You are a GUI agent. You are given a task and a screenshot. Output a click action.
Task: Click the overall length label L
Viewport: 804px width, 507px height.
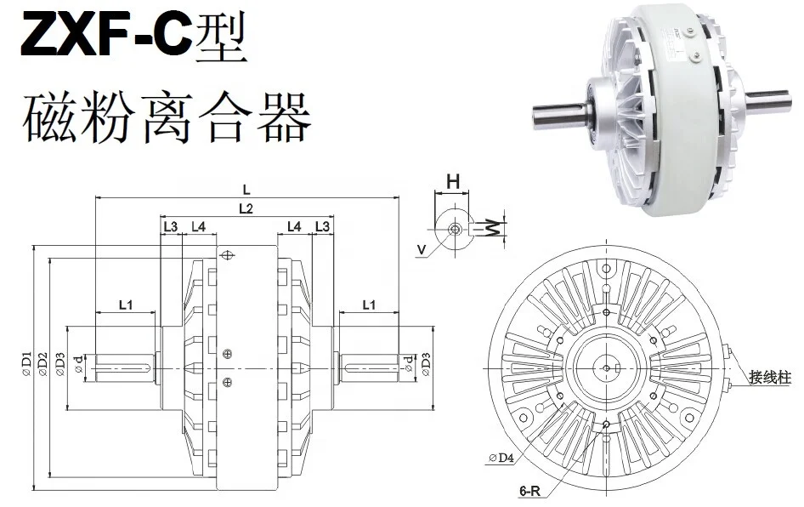pos(246,190)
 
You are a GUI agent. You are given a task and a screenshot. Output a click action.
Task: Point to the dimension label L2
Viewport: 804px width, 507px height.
pos(246,208)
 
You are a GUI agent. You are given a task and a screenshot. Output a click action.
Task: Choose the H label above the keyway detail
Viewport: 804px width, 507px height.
pos(453,180)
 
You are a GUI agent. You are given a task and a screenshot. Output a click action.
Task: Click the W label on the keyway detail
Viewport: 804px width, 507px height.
pos(494,227)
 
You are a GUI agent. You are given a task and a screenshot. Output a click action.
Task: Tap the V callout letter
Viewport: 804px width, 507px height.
pos(422,249)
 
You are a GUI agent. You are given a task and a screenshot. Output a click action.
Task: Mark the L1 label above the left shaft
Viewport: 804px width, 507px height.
pos(126,304)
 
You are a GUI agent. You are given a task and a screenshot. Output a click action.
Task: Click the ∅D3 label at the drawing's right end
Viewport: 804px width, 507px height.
pos(426,364)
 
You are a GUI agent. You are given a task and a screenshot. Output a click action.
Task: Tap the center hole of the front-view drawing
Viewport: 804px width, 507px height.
pos(605,367)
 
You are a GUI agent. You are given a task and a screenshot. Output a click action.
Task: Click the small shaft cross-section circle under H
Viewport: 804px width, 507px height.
pos(454,229)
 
